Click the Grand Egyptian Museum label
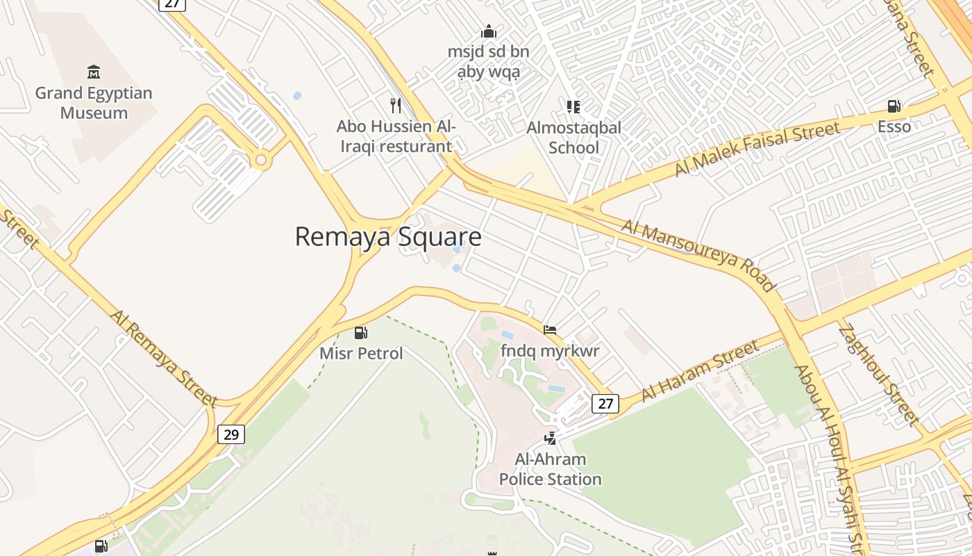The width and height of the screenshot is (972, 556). [94, 103]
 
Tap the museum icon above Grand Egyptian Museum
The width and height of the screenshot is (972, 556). [94, 72]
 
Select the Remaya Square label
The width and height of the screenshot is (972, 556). [388, 237]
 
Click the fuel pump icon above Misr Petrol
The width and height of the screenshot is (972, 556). [360, 333]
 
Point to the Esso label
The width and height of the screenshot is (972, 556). [894, 126]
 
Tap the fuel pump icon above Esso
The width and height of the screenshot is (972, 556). [894, 106]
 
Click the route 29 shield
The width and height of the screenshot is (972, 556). [231, 434]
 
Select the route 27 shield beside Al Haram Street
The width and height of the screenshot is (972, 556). [605, 404]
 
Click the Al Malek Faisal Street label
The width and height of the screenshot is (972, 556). [757, 148]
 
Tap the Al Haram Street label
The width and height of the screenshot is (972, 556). [701, 370]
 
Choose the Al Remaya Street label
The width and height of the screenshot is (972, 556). [164, 357]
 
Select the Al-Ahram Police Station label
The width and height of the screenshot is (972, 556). [551, 469]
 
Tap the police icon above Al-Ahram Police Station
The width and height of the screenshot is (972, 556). [551, 438]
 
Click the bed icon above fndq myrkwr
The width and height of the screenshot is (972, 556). [550, 330]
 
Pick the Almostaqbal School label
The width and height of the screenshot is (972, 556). [573, 138]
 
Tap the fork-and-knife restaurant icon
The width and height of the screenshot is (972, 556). [396, 106]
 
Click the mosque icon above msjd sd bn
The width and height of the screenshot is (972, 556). [489, 32]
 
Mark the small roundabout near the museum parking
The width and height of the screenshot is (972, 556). [261, 161]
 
